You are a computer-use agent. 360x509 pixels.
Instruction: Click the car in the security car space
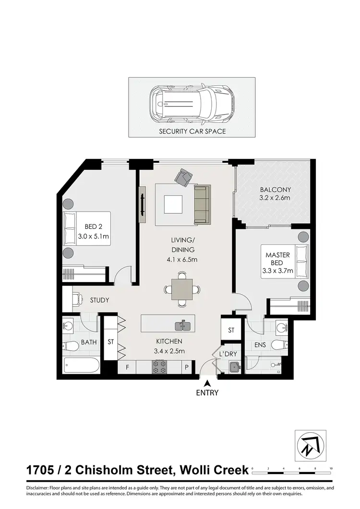coord(192,105)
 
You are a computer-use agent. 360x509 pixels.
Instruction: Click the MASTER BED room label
coord(277,259)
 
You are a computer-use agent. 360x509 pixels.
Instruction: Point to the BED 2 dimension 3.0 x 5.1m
coord(94,236)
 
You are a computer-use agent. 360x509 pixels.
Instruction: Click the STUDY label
coord(100,300)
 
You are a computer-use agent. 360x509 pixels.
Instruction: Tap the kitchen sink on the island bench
coord(183,326)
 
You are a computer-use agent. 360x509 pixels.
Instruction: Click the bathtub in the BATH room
coord(81,366)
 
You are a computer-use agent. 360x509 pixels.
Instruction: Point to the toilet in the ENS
coord(278,344)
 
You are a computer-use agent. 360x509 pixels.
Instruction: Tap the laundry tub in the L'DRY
coord(234,367)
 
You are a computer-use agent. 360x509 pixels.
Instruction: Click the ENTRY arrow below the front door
coord(207,383)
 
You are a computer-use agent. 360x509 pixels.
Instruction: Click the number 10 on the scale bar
coord(331,467)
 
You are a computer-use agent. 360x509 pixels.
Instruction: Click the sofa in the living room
coord(202,204)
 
